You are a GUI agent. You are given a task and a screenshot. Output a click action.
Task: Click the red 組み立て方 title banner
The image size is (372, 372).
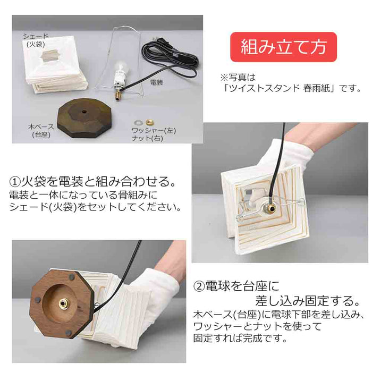point(283,47)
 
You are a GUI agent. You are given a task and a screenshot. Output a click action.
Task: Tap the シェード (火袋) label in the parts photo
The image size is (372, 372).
point(36,40)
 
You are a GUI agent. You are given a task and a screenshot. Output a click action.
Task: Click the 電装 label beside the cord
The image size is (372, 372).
point(157,82)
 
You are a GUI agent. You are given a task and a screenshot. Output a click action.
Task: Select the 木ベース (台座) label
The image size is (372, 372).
point(41,131)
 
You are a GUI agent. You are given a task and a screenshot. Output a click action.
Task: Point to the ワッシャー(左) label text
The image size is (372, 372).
point(154,130)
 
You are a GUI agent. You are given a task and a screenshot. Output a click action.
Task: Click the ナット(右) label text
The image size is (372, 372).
point(147,138)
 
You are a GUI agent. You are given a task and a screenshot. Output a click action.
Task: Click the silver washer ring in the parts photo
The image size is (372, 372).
point(138,123)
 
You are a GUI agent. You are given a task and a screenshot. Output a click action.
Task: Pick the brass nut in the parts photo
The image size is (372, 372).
point(149,122)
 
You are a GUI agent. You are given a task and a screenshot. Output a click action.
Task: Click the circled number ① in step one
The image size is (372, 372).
point(15,182)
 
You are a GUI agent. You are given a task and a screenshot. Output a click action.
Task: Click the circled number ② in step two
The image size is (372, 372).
point(199,286)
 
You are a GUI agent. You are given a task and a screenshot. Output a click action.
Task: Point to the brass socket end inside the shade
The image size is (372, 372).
point(270,208)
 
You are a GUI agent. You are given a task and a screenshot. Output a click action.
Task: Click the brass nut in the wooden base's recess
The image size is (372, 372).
point(63,303)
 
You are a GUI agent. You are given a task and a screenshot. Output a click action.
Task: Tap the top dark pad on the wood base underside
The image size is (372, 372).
point(71,276)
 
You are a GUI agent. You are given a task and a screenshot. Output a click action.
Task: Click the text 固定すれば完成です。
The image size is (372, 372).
point(240,338)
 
